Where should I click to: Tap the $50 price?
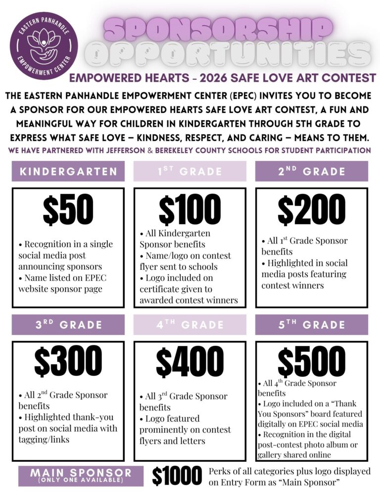pyautogui.click(x=68, y=210)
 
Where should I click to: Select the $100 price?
pyautogui.click(x=190, y=210)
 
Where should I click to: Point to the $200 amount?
pyautogui.click(x=311, y=210)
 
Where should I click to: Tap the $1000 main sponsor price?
pyautogui.click(x=177, y=476)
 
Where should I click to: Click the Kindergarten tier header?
pyautogui.click(x=68, y=172)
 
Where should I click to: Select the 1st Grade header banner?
pyautogui.click(x=190, y=172)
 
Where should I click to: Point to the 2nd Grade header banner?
pyautogui.click(x=311, y=172)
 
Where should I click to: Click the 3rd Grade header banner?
pyautogui.click(x=68, y=325)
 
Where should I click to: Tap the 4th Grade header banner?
pyautogui.click(x=190, y=325)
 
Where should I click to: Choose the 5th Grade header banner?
pyautogui.click(x=311, y=325)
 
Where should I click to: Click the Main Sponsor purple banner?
pyautogui.click(x=82, y=476)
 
